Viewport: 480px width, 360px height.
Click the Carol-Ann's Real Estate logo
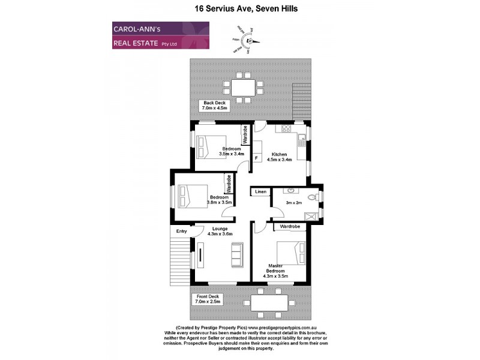pos(160,35)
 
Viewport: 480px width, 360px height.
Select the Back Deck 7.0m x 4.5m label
pos(214,106)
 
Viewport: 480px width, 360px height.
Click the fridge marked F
pos(257,158)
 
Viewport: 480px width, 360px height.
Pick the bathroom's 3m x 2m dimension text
pos(293,203)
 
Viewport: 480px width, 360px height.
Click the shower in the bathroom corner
pos(311,217)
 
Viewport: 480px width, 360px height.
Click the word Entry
pos(181,232)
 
